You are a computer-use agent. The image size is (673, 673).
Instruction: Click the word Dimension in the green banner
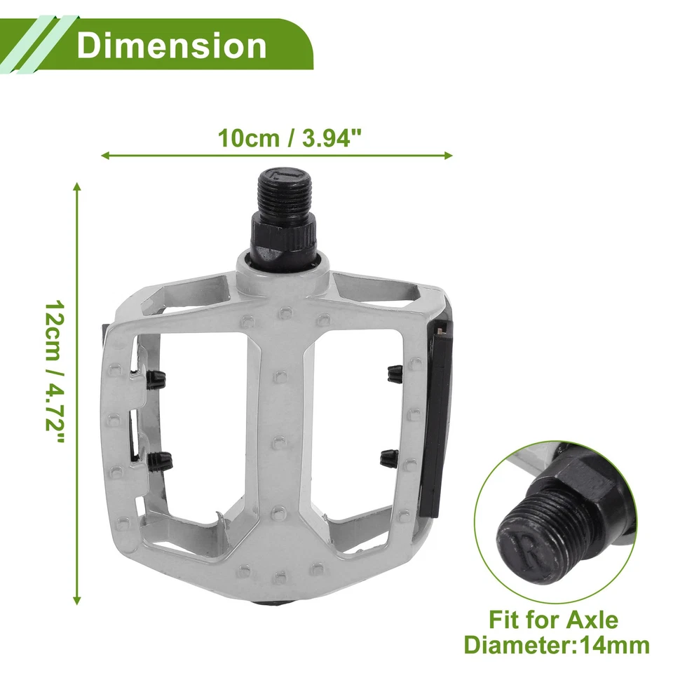pos(172,45)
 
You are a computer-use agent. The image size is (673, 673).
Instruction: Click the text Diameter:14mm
pos(557,644)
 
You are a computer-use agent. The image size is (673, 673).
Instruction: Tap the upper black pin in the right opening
pos(393,374)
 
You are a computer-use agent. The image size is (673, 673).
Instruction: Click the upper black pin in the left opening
pos(156,379)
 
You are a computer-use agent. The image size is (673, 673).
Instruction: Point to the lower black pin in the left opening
pos(159,461)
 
